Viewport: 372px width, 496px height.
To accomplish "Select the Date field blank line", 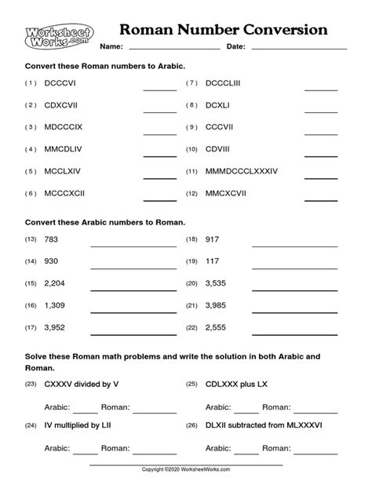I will pyautogui.click(x=299, y=49).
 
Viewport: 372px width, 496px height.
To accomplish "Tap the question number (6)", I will pyautogui.click(x=31, y=193).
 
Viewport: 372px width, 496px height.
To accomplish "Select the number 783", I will pyautogui.click(x=53, y=239).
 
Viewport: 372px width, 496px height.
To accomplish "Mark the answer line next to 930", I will pyautogui.click(x=133, y=267).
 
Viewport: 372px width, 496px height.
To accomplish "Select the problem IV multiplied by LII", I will pyautogui.click(x=81, y=428).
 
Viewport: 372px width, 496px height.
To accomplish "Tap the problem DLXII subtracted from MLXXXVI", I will pyautogui.click(x=264, y=428).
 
